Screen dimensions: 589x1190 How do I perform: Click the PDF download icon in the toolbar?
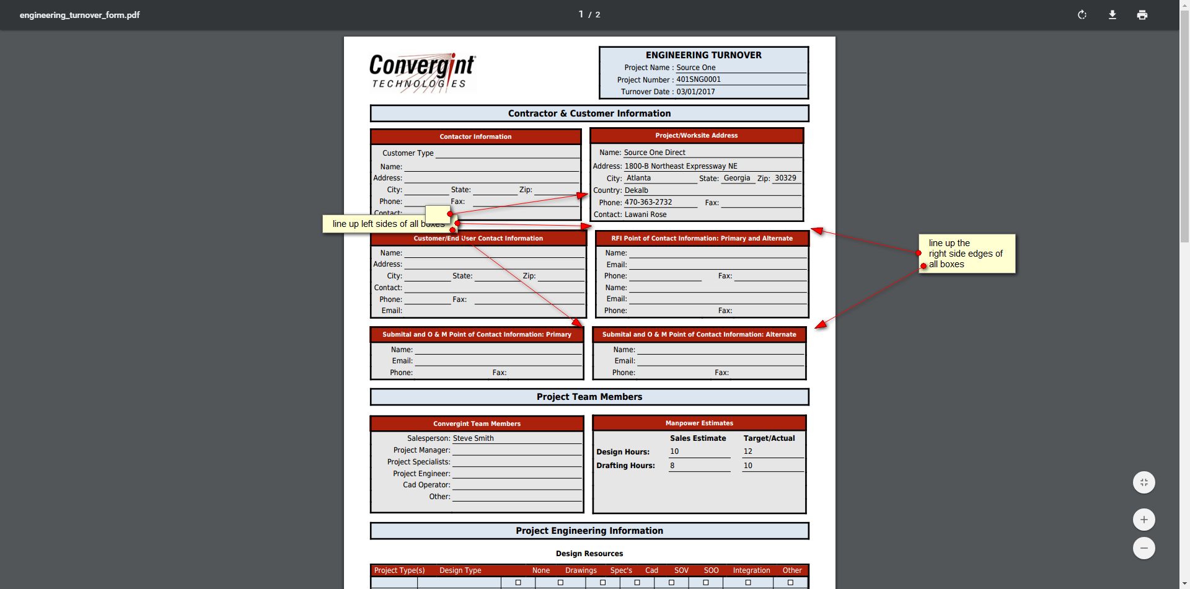click(x=1113, y=15)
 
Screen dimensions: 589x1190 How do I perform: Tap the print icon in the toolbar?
click(x=1142, y=15)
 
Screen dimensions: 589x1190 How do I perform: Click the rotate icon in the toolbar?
click(x=1082, y=15)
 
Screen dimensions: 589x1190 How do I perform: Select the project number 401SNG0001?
click(x=699, y=79)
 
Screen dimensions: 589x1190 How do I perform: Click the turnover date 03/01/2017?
click(x=695, y=92)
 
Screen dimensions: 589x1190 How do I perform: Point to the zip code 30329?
click(x=785, y=178)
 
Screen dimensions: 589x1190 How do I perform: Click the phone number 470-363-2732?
click(x=648, y=202)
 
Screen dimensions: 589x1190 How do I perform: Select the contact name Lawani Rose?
click(x=645, y=215)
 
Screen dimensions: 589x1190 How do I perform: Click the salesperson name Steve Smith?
click(x=473, y=438)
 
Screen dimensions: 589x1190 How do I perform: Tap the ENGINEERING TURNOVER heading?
click(x=703, y=55)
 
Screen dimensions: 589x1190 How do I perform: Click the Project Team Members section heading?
click(x=589, y=397)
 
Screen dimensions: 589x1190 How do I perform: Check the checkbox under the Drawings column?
click(x=560, y=583)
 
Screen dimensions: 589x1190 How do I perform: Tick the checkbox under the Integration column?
click(x=748, y=583)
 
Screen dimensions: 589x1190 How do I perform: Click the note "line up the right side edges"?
click(x=966, y=254)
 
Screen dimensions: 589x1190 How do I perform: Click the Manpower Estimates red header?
click(x=699, y=423)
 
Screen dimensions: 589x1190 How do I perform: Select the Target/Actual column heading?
click(x=769, y=438)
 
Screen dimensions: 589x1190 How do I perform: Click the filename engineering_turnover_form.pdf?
click(x=79, y=15)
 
